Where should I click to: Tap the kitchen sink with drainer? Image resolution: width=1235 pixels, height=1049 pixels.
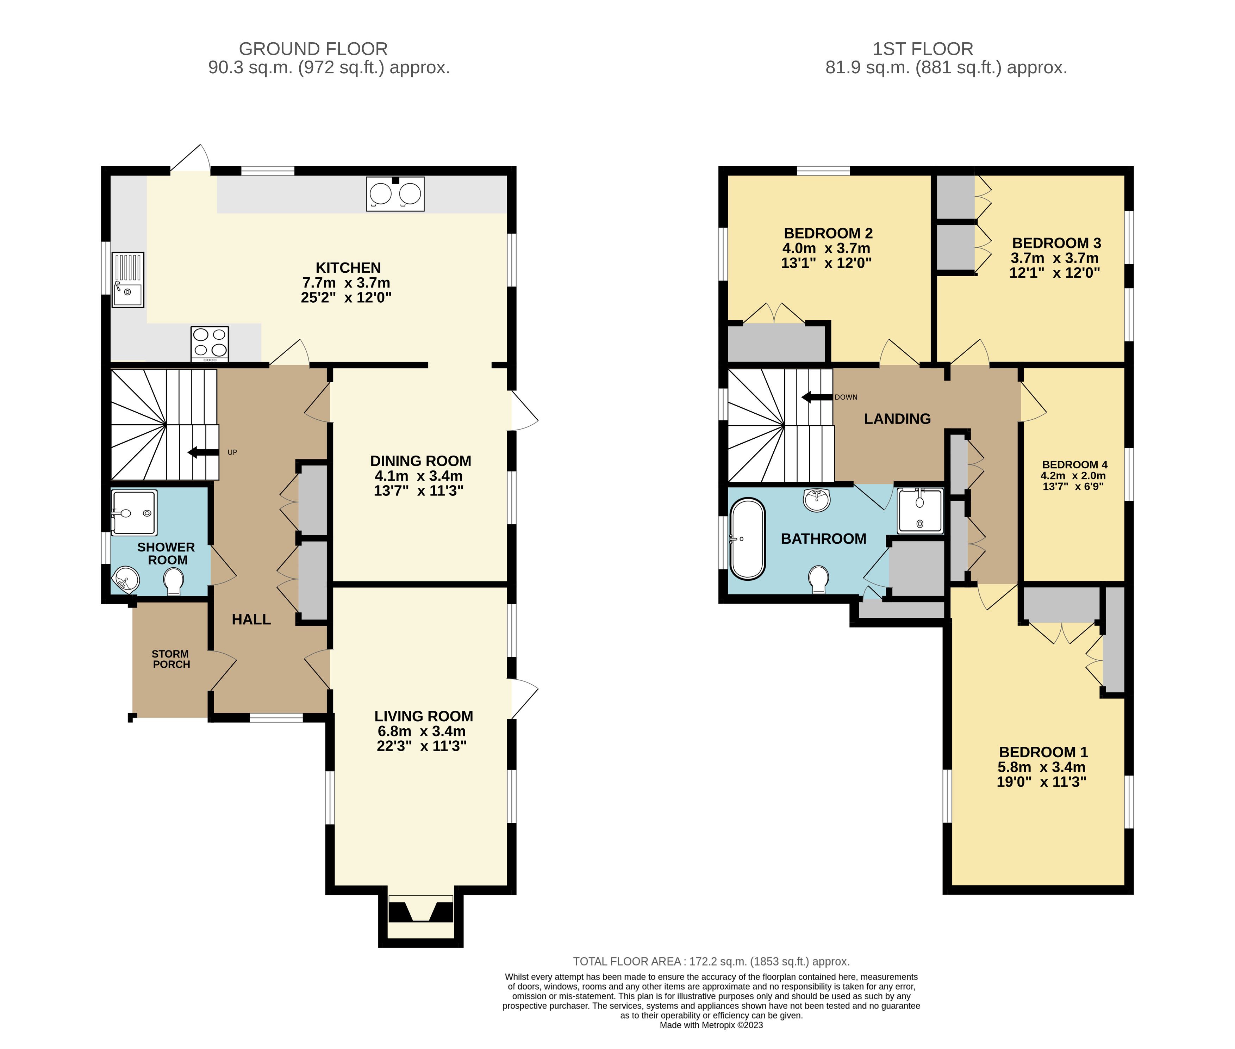[128, 279]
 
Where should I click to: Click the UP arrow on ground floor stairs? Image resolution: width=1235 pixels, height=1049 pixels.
[202, 452]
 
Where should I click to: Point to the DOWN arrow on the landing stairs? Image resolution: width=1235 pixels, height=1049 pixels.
[817, 397]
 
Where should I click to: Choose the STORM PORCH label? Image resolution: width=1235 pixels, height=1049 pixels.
[170, 659]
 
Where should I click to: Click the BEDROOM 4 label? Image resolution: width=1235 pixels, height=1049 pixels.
[1074, 464]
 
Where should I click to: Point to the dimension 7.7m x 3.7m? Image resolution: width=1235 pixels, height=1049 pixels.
[346, 283]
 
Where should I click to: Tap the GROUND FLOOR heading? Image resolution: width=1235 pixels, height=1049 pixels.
[313, 49]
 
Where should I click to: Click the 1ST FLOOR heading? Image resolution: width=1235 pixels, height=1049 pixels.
[922, 49]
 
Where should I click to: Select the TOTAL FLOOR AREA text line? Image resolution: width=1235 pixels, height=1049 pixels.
[711, 962]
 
